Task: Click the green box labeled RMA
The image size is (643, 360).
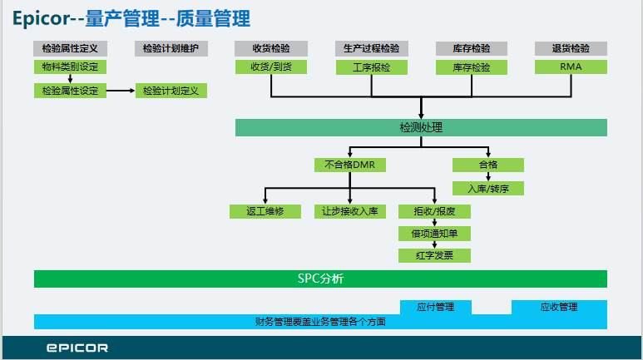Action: [x=571, y=67]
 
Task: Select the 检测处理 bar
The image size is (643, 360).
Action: [x=421, y=127]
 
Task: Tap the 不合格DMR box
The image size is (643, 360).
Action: [x=350, y=165]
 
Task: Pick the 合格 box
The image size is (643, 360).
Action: [x=488, y=165]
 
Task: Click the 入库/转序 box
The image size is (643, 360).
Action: [x=488, y=188]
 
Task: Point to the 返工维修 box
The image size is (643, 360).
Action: [x=265, y=211]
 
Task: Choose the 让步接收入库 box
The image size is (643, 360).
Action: [x=350, y=211]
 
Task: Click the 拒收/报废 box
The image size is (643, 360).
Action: [x=434, y=211]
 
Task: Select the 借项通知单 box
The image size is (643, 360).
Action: [x=434, y=234]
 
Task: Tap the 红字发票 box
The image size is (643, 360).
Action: [x=434, y=255]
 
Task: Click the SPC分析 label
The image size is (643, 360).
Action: [x=321, y=279]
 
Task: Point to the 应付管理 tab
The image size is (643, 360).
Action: [x=436, y=307]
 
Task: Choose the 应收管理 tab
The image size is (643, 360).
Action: [x=559, y=307]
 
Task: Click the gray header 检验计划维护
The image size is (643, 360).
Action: [x=171, y=48]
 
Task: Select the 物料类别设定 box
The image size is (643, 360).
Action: [x=70, y=67]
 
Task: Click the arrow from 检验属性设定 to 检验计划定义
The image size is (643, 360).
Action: [x=121, y=91]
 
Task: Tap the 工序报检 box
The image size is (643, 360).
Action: [x=372, y=67]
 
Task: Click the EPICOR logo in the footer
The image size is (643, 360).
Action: [x=77, y=348]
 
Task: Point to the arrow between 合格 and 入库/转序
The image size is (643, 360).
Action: [x=488, y=177]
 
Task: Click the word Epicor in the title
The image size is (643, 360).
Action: [x=42, y=18]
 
